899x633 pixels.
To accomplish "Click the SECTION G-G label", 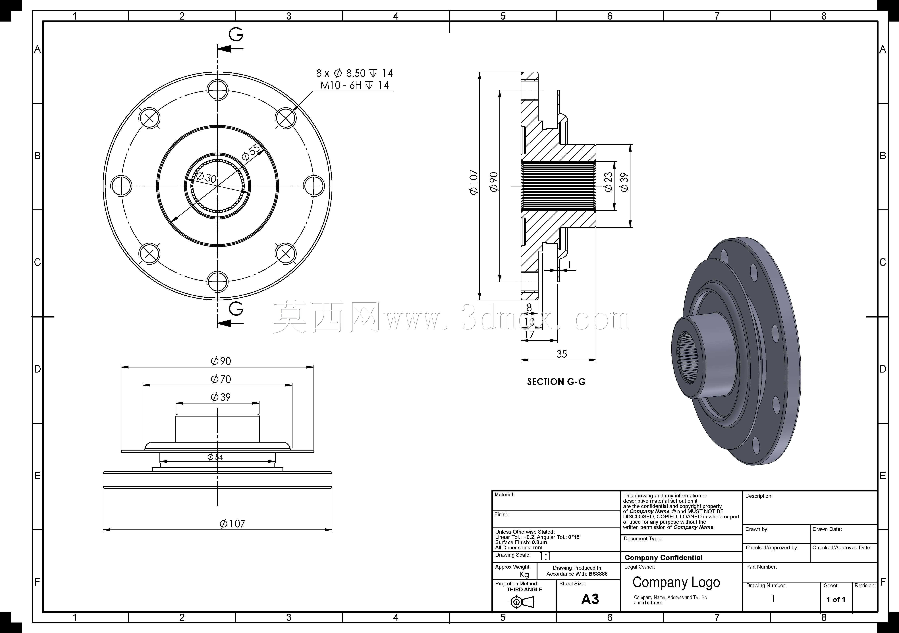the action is [x=556, y=382].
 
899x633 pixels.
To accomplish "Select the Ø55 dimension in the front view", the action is [x=251, y=152].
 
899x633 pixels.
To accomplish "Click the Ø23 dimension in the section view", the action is [x=608, y=182].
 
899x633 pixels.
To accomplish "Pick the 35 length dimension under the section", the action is [x=561, y=354].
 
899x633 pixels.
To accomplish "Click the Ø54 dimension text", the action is [x=215, y=457].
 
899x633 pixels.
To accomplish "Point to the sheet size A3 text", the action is [x=590, y=599].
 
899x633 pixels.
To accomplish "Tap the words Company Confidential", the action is [x=664, y=558].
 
